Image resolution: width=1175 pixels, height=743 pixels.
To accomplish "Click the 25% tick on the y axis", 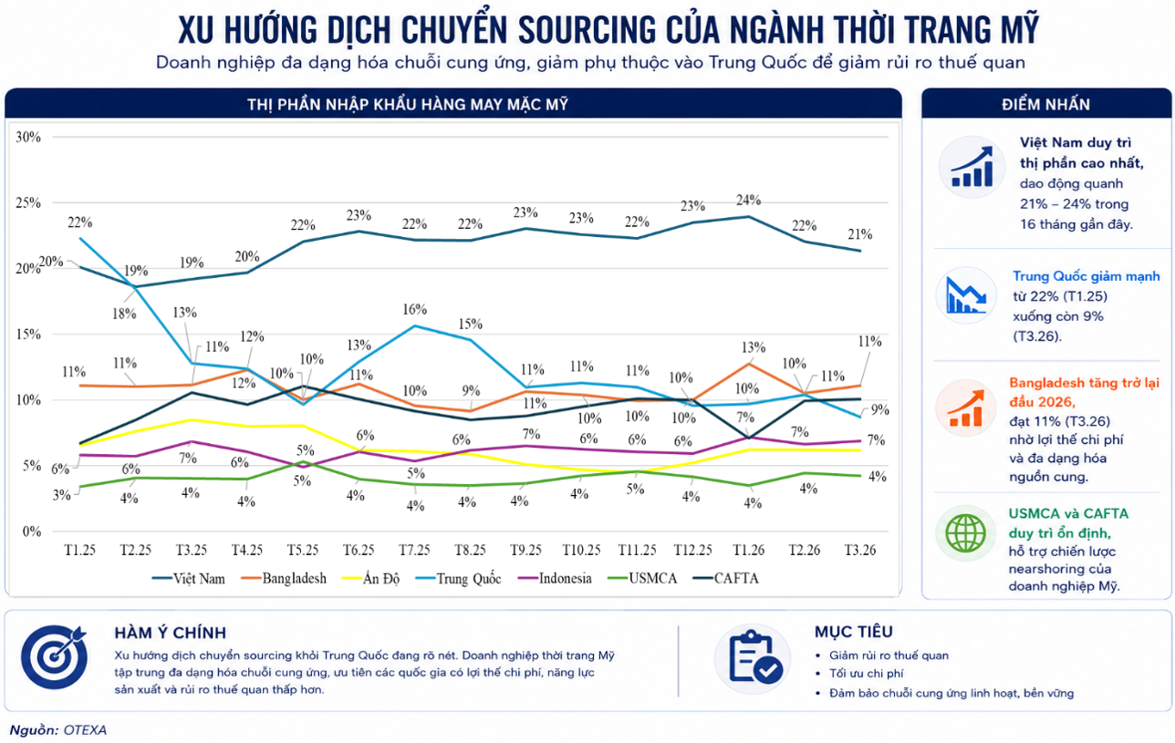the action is point(28,203).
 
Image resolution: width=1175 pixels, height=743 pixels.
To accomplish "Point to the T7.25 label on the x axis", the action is point(414,550).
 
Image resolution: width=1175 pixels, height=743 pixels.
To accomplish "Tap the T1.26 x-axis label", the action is point(748,550).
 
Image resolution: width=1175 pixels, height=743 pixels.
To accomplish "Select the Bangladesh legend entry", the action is point(283,578).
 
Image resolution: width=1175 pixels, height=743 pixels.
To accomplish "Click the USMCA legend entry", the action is point(642,578).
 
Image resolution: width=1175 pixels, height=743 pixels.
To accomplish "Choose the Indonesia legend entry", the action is point(555,578).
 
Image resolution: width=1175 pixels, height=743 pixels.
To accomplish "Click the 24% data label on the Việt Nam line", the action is point(748,200).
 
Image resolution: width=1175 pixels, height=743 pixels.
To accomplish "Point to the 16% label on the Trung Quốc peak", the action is point(414,309).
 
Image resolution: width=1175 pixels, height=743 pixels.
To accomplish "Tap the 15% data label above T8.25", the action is point(470,324).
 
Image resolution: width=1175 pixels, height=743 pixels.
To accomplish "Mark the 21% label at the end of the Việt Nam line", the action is point(860,234).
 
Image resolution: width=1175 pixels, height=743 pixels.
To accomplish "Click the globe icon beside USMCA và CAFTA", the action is point(966,533).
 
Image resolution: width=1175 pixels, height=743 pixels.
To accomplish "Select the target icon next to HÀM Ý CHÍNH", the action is point(54,656).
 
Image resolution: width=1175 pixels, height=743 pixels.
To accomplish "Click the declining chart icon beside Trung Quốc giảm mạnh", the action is point(966,295).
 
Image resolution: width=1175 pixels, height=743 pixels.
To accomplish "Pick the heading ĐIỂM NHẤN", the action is point(1045,104).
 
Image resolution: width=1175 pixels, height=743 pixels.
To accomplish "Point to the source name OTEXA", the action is point(85,730).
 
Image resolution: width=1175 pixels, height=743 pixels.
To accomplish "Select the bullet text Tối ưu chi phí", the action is point(866,674).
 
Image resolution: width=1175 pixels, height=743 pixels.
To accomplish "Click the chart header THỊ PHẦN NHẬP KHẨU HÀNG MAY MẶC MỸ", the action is point(408,104).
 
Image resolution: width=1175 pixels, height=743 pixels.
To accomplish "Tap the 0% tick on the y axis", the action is point(31,531).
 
